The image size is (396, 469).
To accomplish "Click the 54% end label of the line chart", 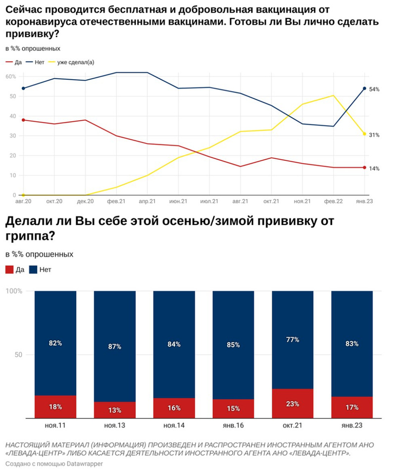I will pyautogui.click(x=374, y=90).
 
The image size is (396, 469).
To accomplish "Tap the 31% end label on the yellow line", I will pyautogui.click(x=374, y=135).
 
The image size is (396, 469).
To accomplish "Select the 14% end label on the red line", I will pyautogui.click(x=374, y=169).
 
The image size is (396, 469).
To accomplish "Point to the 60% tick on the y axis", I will pyautogui.click(x=10, y=77).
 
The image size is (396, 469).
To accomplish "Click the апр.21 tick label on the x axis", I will pyautogui.click(x=147, y=202).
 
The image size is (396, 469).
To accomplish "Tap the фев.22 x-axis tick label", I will pyautogui.click(x=334, y=202).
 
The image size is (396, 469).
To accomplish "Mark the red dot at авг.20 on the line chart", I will pyautogui.click(x=23, y=120).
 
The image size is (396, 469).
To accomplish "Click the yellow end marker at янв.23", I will pyautogui.click(x=364, y=134).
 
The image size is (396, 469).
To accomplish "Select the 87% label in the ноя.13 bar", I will pyautogui.click(x=115, y=347).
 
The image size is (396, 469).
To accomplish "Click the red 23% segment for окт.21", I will pyautogui.click(x=293, y=403).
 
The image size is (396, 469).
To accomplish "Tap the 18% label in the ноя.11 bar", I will pyautogui.click(x=55, y=407).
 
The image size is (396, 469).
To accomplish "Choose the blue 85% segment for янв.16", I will pyautogui.click(x=233, y=345).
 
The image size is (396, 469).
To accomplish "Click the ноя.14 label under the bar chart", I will pyautogui.click(x=174, y=425).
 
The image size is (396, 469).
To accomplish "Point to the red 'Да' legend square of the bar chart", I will pyautogui.click(x=9, y=270).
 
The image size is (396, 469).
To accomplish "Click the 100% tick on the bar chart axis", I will pyautogui.click(x=14, y=291).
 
